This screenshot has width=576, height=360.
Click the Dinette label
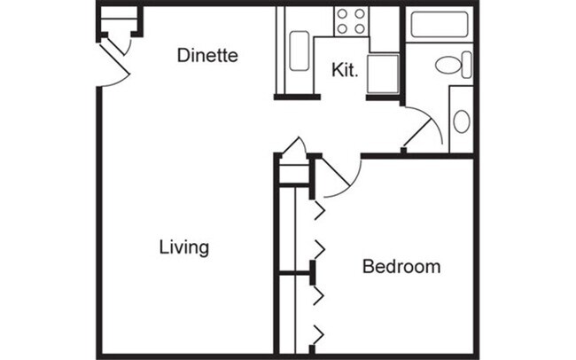click(x=207, y=55)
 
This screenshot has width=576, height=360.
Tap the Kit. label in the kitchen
click(x=345, y=71)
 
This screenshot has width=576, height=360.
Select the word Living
click(x=184, y=247)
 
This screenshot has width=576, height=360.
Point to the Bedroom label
click(x=401, y=266)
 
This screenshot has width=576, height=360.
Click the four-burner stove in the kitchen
click(x=351, y=21)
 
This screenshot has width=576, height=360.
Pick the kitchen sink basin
click(x=300, y=51)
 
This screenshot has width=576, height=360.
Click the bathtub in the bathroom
click(x=440, y=25)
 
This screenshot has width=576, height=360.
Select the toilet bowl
click(x=448, y=65)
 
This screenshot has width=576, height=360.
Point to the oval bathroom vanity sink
click(x=462, y=121)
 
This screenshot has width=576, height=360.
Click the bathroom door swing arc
click(x=425, y=129)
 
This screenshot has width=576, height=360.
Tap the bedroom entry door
click(x=337, y=177)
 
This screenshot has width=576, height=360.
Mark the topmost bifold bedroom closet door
click(x=317, y=210)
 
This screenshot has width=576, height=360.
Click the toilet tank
click(x=467, y=65)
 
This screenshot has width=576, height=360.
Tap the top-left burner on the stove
click(x=343, y=14)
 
